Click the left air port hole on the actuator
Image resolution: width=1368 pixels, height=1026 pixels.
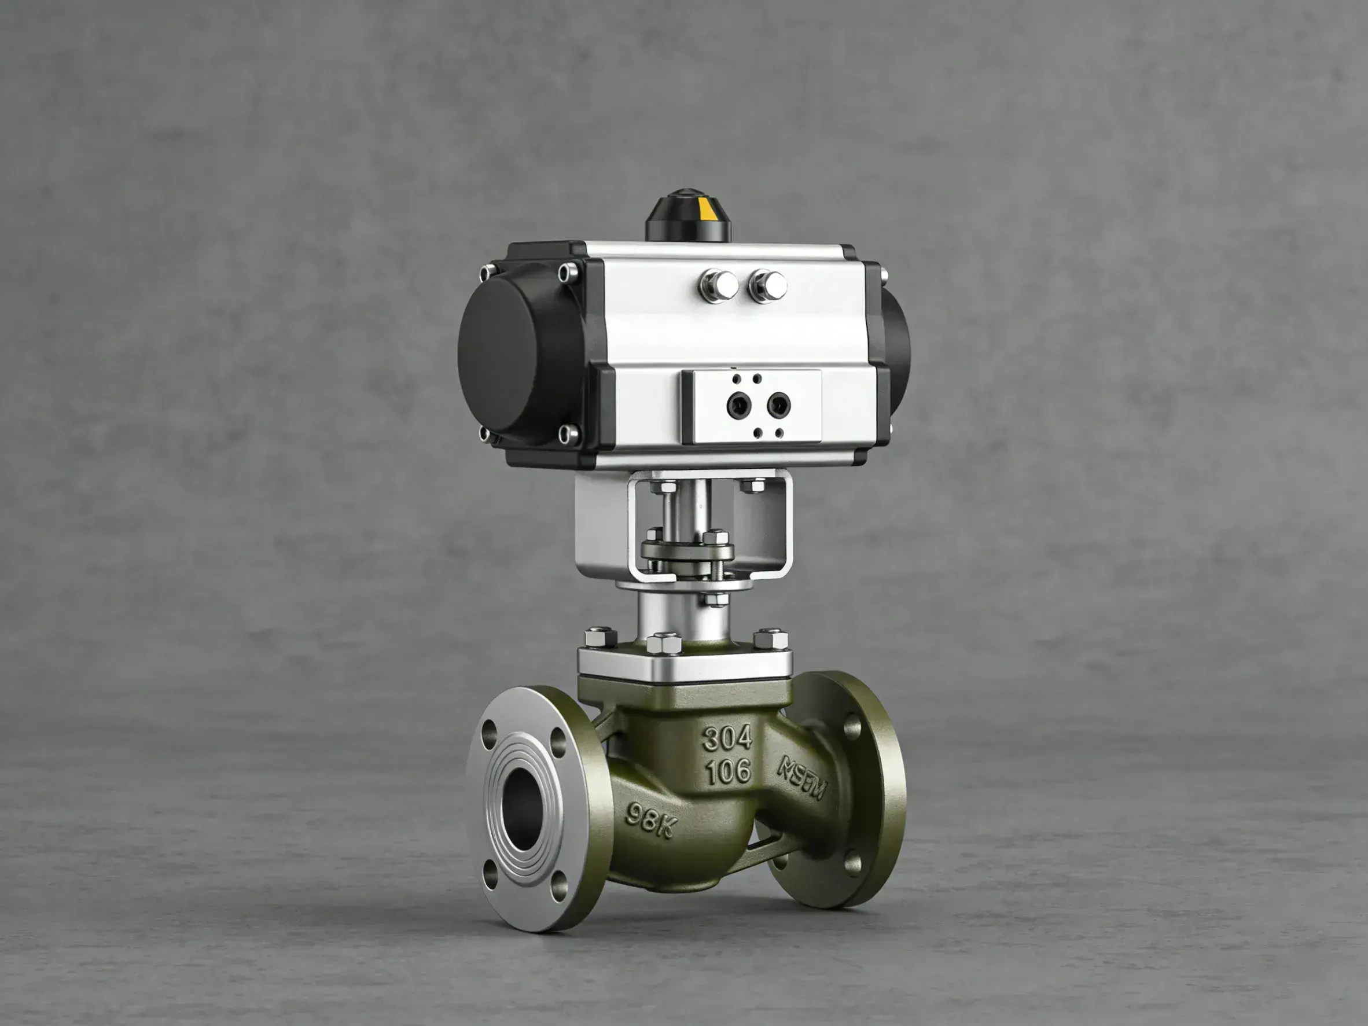(737, 406)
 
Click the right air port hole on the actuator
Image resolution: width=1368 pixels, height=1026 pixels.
(777, 405)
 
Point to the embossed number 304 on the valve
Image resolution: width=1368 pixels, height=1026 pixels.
(727, 738)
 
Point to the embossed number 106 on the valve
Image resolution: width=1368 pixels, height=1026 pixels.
(728, 771)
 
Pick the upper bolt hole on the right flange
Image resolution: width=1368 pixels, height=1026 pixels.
(852, 726)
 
